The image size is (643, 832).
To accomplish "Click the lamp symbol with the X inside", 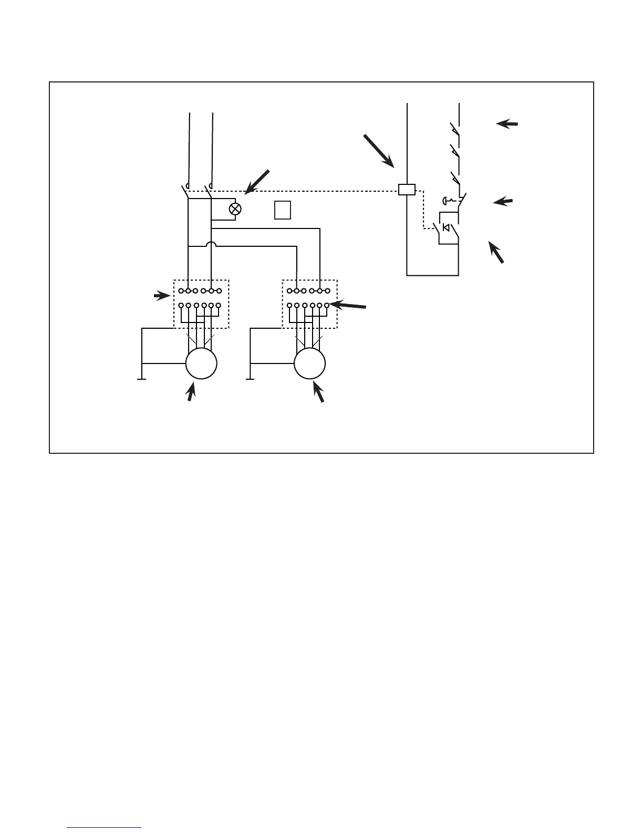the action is pos(235,209).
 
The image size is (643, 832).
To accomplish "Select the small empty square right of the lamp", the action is pos(283,210).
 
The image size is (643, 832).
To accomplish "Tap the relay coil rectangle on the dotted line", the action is pos(407,190).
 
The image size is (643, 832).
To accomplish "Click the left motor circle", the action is pos(201,363).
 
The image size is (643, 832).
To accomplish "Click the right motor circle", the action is pos(310,363).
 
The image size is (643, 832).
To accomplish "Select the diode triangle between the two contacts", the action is pos(446,227).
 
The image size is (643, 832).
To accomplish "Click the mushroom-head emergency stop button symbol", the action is pos(447,200).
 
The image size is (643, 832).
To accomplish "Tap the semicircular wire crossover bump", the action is pos(211,245).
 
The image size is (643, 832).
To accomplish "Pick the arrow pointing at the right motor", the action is pos(318,392).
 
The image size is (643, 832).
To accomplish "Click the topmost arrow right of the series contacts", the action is pos(507,124).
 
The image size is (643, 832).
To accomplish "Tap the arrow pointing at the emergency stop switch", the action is pos(503,202).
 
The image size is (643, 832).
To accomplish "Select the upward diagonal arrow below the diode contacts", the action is pos(496,252).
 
